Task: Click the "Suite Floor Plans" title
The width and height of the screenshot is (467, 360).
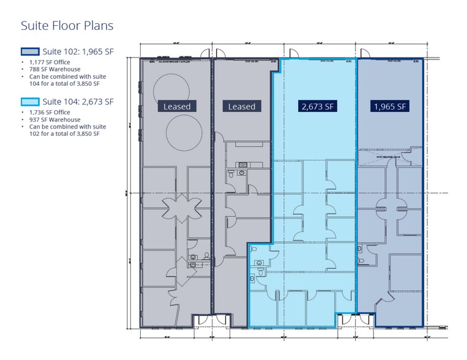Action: pyautogui.click(x=67, y=26)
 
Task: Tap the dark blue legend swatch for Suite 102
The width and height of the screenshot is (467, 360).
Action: pyautogui.click(x=29, y=51)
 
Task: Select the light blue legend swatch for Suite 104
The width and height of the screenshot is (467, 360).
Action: pyautogui.click(x=29, y=102)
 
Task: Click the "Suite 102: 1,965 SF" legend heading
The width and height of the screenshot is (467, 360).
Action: pyautogui.click(x=77, y=51)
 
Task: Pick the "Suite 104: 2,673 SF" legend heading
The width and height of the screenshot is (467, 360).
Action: pyautogui.click(x=77, y=102)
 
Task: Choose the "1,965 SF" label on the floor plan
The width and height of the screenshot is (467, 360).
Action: pyautogui.click(x=390, y=107)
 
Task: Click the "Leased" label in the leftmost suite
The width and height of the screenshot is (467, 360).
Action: pyautogui.click(x=177, y=107)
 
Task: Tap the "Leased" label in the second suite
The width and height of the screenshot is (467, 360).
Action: pyautogui.click(x=242, y=107)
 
